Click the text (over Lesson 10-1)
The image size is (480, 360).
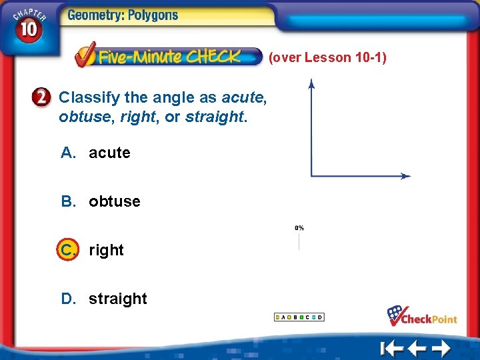327,57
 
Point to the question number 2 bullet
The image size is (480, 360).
41,98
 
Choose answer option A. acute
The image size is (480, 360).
96,153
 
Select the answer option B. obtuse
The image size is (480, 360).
101,201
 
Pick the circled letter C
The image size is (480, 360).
67,250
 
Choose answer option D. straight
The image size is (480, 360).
104,299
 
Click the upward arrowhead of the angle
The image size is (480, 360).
311,83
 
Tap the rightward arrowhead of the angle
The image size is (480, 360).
407,176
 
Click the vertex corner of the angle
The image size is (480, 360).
311,176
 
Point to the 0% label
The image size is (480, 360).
299,228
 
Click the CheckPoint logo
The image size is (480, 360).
423,315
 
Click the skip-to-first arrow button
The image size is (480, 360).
392,348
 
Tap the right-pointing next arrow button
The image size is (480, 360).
441,348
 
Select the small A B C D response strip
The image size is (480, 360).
299,317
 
